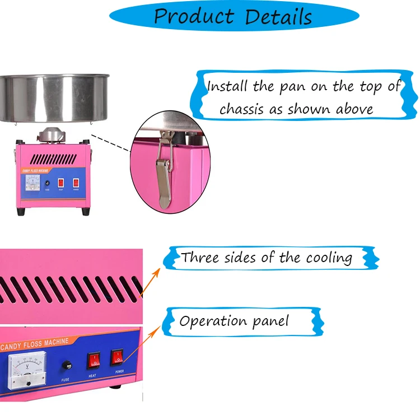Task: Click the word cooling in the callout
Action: [x=329, y=258]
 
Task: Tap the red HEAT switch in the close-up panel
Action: [x=93, y=361]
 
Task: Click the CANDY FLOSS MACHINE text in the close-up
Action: [x=36, y=342]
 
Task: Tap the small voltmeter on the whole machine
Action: [x=32, y=184]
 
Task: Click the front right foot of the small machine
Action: [x=85, y=212]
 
